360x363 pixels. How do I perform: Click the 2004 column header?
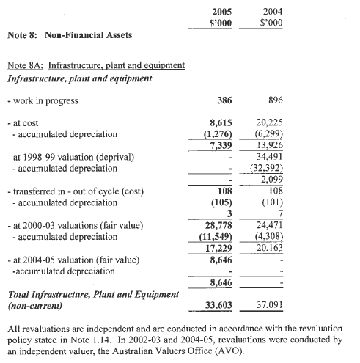tap(272, 12)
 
